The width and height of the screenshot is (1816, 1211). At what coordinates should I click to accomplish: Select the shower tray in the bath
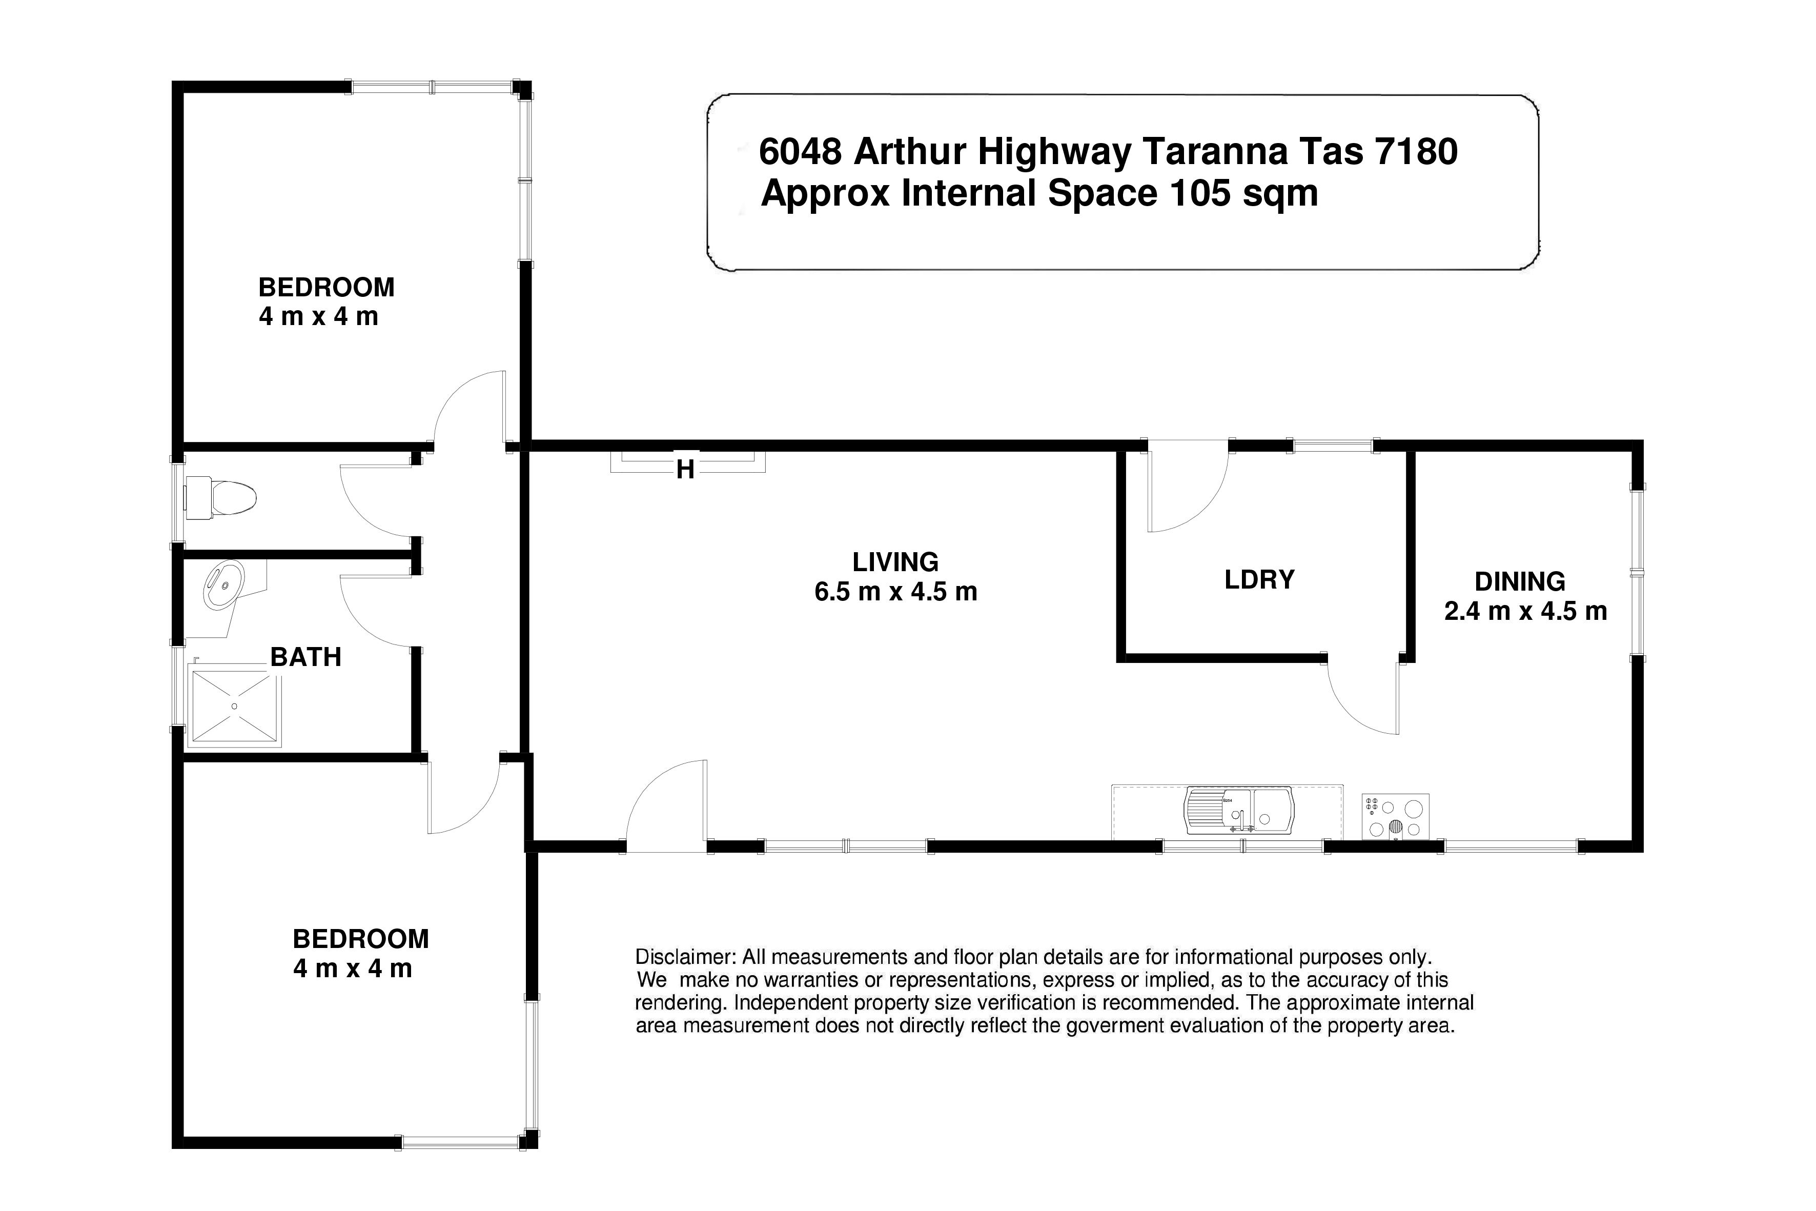coord(235,706)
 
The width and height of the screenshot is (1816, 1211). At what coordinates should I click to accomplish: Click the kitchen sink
coord(1239,812)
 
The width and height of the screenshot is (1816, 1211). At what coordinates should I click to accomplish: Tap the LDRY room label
coord(1259,580)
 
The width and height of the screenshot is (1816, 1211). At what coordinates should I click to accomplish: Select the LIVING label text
coord(895,561)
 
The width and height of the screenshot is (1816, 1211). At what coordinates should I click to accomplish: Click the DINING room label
coord(1520,581)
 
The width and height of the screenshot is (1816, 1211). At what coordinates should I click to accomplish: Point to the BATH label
coord(306,657)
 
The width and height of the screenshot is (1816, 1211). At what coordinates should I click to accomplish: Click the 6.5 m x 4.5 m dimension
coord(895,592)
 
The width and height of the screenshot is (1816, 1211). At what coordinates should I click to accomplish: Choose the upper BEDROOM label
coord(327,287)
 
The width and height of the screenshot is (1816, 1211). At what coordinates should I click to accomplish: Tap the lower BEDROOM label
coord(360,939)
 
